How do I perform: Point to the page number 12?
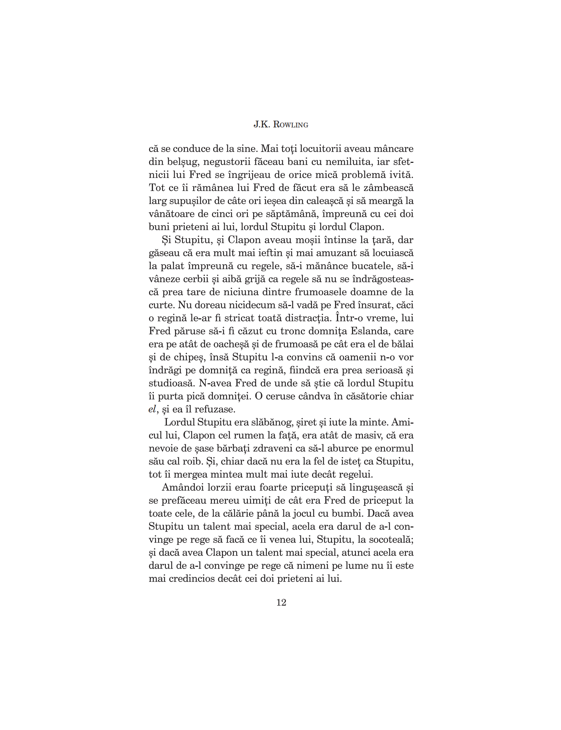click(x=281, y=603)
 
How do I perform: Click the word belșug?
click(x=182, y=162)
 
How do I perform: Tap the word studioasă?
click(x=171, y=383)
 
